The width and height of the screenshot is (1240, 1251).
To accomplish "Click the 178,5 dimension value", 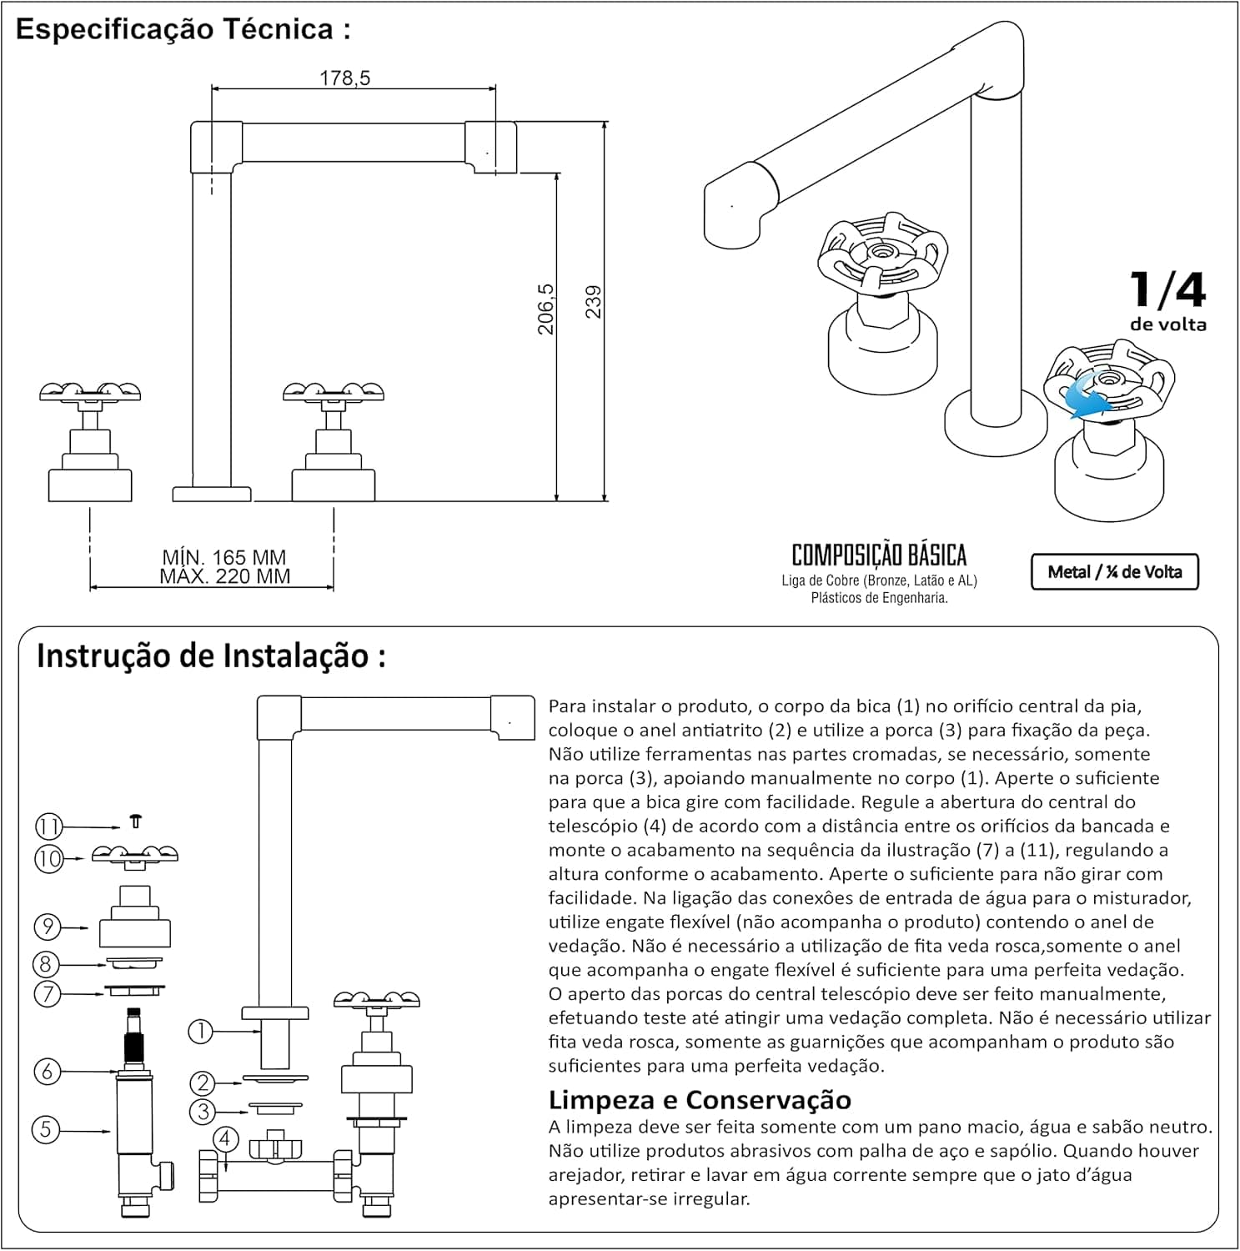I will click(x=344, y=78).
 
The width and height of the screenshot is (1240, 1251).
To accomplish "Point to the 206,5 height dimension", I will click(x=545, y=309).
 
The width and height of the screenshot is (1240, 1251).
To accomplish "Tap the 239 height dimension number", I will click(x=593, y=301).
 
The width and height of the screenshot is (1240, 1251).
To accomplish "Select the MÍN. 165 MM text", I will click(x=224, y=557).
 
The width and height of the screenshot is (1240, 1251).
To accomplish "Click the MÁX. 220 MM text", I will click(x=225, y=576).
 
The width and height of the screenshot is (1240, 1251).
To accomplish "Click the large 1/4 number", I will click(x=1167, y=289).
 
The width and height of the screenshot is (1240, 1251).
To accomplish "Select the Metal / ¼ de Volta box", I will click(x=1115, y=572).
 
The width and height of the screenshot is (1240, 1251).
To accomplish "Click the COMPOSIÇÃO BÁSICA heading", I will click(x=879, y=555).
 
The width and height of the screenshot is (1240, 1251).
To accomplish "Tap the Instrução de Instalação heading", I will click(x=211, y=656).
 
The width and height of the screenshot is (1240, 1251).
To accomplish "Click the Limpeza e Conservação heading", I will click(x=700, y=1099).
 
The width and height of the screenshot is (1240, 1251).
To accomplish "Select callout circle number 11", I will click(x=48, y=826).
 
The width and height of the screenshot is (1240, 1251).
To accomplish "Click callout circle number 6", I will click(x=47, y=1071).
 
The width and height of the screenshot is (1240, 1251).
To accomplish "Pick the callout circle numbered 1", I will click(x=200, y=1032).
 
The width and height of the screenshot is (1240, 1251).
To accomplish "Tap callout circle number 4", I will click(x=225, y=1139).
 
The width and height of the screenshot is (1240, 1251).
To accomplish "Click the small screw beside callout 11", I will click(x=135, y=821).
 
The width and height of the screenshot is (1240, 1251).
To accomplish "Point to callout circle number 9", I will click(x=47, y=926).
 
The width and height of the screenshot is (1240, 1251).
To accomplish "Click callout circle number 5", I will click(x=45, y=1130).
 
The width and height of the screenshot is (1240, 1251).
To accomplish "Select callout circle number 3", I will click(x=203, y=1111).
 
